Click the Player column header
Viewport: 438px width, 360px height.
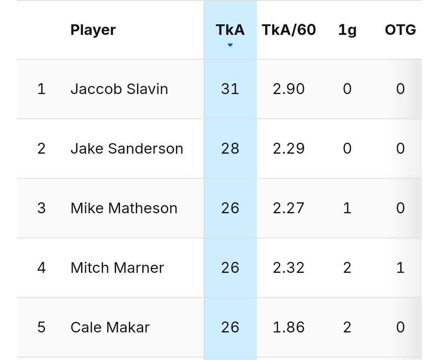(93, 30)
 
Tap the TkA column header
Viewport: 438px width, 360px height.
(230, 30)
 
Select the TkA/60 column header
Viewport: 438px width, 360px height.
(289, 30)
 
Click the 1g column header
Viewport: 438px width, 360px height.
(347, 30)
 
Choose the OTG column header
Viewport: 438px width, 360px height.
(400, 30)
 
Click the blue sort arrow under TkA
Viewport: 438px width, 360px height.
(230, 45)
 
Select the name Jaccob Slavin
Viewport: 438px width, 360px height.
(119, 89)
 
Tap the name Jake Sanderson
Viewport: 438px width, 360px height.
(127, 149)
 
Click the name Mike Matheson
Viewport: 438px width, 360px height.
(124, 208)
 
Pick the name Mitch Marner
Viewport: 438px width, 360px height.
(117, 268)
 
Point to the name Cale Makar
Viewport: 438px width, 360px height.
(110, 328)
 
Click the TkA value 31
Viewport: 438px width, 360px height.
(230, 89)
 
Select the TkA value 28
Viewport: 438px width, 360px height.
(230, 149)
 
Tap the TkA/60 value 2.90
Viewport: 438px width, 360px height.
(289, 89)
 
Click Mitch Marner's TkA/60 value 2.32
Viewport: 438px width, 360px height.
(289, 268)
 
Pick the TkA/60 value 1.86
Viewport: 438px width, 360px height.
(289, 328)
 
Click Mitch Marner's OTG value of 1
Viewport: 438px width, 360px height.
(400, 268)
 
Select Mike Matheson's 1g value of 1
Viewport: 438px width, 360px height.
(347, 208)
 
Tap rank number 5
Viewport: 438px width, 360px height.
(41, 328)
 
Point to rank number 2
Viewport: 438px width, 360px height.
(41, 149)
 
